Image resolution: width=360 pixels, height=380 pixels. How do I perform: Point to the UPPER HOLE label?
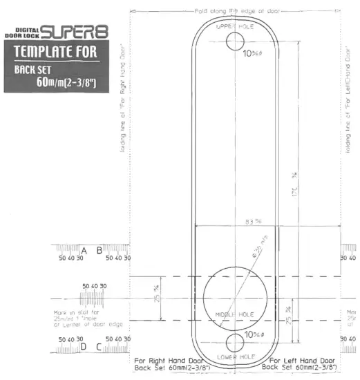click(x=236, y=26)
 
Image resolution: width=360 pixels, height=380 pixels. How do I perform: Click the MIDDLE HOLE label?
click(x=235, y=314)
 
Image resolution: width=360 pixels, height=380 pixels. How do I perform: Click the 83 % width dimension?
click(x=236, y=222)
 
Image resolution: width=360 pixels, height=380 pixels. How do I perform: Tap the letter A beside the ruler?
click(x=84, y=249)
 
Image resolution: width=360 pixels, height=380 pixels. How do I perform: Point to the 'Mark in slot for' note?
click(x=77, y=312)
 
